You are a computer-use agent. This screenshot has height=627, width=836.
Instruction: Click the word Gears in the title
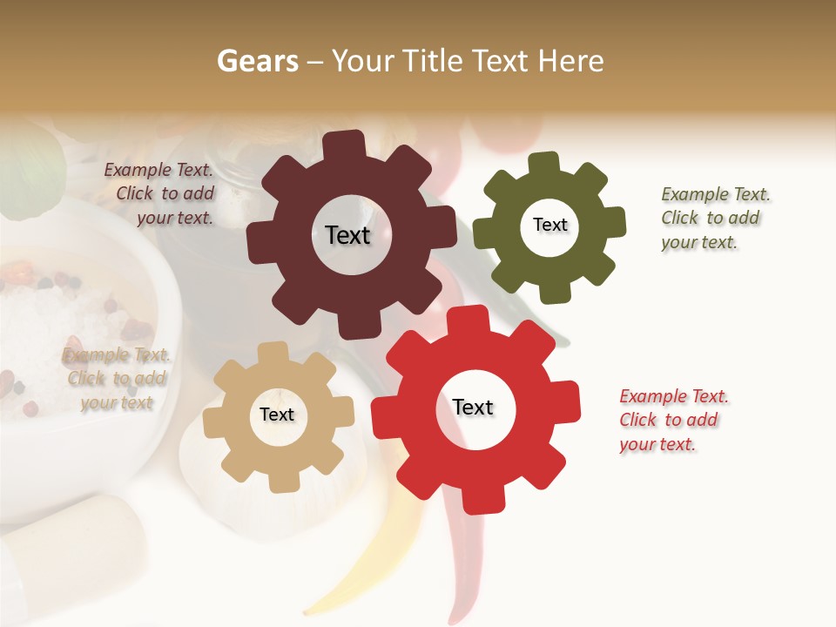256,61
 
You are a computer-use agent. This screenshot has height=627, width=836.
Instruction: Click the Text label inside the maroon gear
347,235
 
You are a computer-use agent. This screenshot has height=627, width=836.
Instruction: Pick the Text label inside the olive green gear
549,225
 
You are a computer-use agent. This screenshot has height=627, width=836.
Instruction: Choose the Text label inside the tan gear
277,415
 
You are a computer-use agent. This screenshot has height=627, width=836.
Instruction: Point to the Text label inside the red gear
473,408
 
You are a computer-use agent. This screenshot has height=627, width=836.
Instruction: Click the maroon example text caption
160,194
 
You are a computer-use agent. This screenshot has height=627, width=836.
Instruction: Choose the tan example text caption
115,379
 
